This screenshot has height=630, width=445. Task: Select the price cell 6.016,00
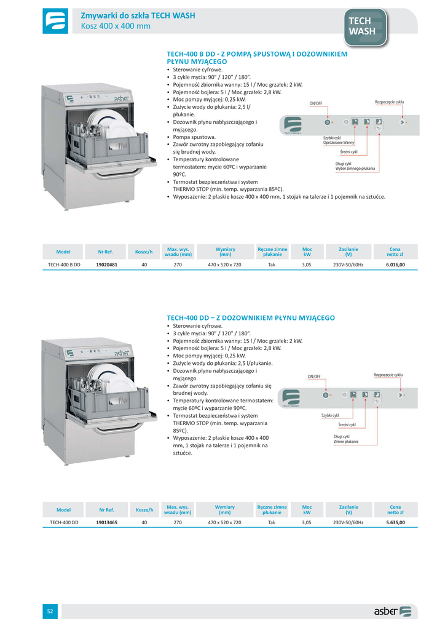pyautogui.click(x=395, y=265)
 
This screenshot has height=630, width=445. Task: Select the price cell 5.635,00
pyautogui.click(x=395, y=522)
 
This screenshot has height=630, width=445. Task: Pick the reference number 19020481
pyautogui.click(x=107, y=265)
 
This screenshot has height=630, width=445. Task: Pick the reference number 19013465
pyautogui.click(x=107, y=522)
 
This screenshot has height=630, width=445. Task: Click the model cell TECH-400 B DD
pyautogui.click(x=65, y=265)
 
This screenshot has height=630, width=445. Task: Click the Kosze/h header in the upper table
pyautogui.click(x=144, y=252)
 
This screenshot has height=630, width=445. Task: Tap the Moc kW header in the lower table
pyautogui.click(x=307, y=509)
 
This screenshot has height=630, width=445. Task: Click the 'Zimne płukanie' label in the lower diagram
pyautogui.click(x=346, y=442)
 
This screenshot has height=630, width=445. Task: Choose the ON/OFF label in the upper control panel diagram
pyautogui.click(x=316, y=103)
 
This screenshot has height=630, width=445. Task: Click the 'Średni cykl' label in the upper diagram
pyautogui.click(x=349, y=151)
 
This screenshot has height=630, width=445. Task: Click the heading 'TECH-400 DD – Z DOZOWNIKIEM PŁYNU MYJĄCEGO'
pyautogui.click(x=251, y=317)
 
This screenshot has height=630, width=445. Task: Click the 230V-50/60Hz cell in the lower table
pyautogui.click(x=349, y=522)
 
